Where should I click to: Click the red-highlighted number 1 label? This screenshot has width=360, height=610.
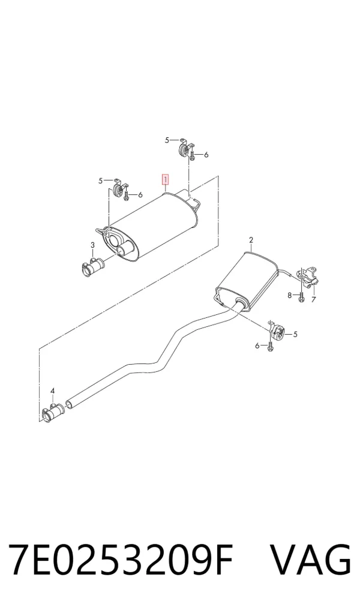(166, 180)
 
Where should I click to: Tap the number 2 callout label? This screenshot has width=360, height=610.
(251, 240)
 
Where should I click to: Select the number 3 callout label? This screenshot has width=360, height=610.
(92, 245)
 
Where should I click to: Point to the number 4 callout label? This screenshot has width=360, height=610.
(53, 390)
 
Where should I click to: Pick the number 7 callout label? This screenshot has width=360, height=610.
(314, 299)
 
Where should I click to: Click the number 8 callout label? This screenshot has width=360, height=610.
(290, 295)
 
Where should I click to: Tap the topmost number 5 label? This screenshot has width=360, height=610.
(167, 140)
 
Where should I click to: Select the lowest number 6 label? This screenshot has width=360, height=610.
(257, 345)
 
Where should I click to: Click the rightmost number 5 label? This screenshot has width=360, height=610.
(295, 333)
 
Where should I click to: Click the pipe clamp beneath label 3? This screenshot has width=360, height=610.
(92, 266)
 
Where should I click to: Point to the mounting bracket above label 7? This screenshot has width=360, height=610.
(308, 277)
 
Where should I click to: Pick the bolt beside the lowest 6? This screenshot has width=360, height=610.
(270, 345)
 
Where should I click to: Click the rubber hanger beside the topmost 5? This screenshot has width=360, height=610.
(184, 149)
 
